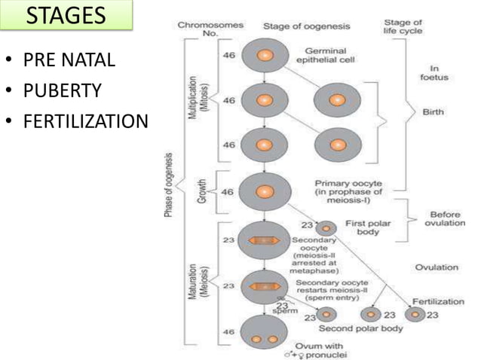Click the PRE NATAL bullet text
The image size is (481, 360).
[69, 60]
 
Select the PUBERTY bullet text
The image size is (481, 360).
[64, 90]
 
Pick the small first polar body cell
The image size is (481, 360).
[326, 227]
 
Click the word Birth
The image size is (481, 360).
[433, 112]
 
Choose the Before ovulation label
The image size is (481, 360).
[444, 218]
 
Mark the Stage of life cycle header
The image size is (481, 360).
[403, 26]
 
